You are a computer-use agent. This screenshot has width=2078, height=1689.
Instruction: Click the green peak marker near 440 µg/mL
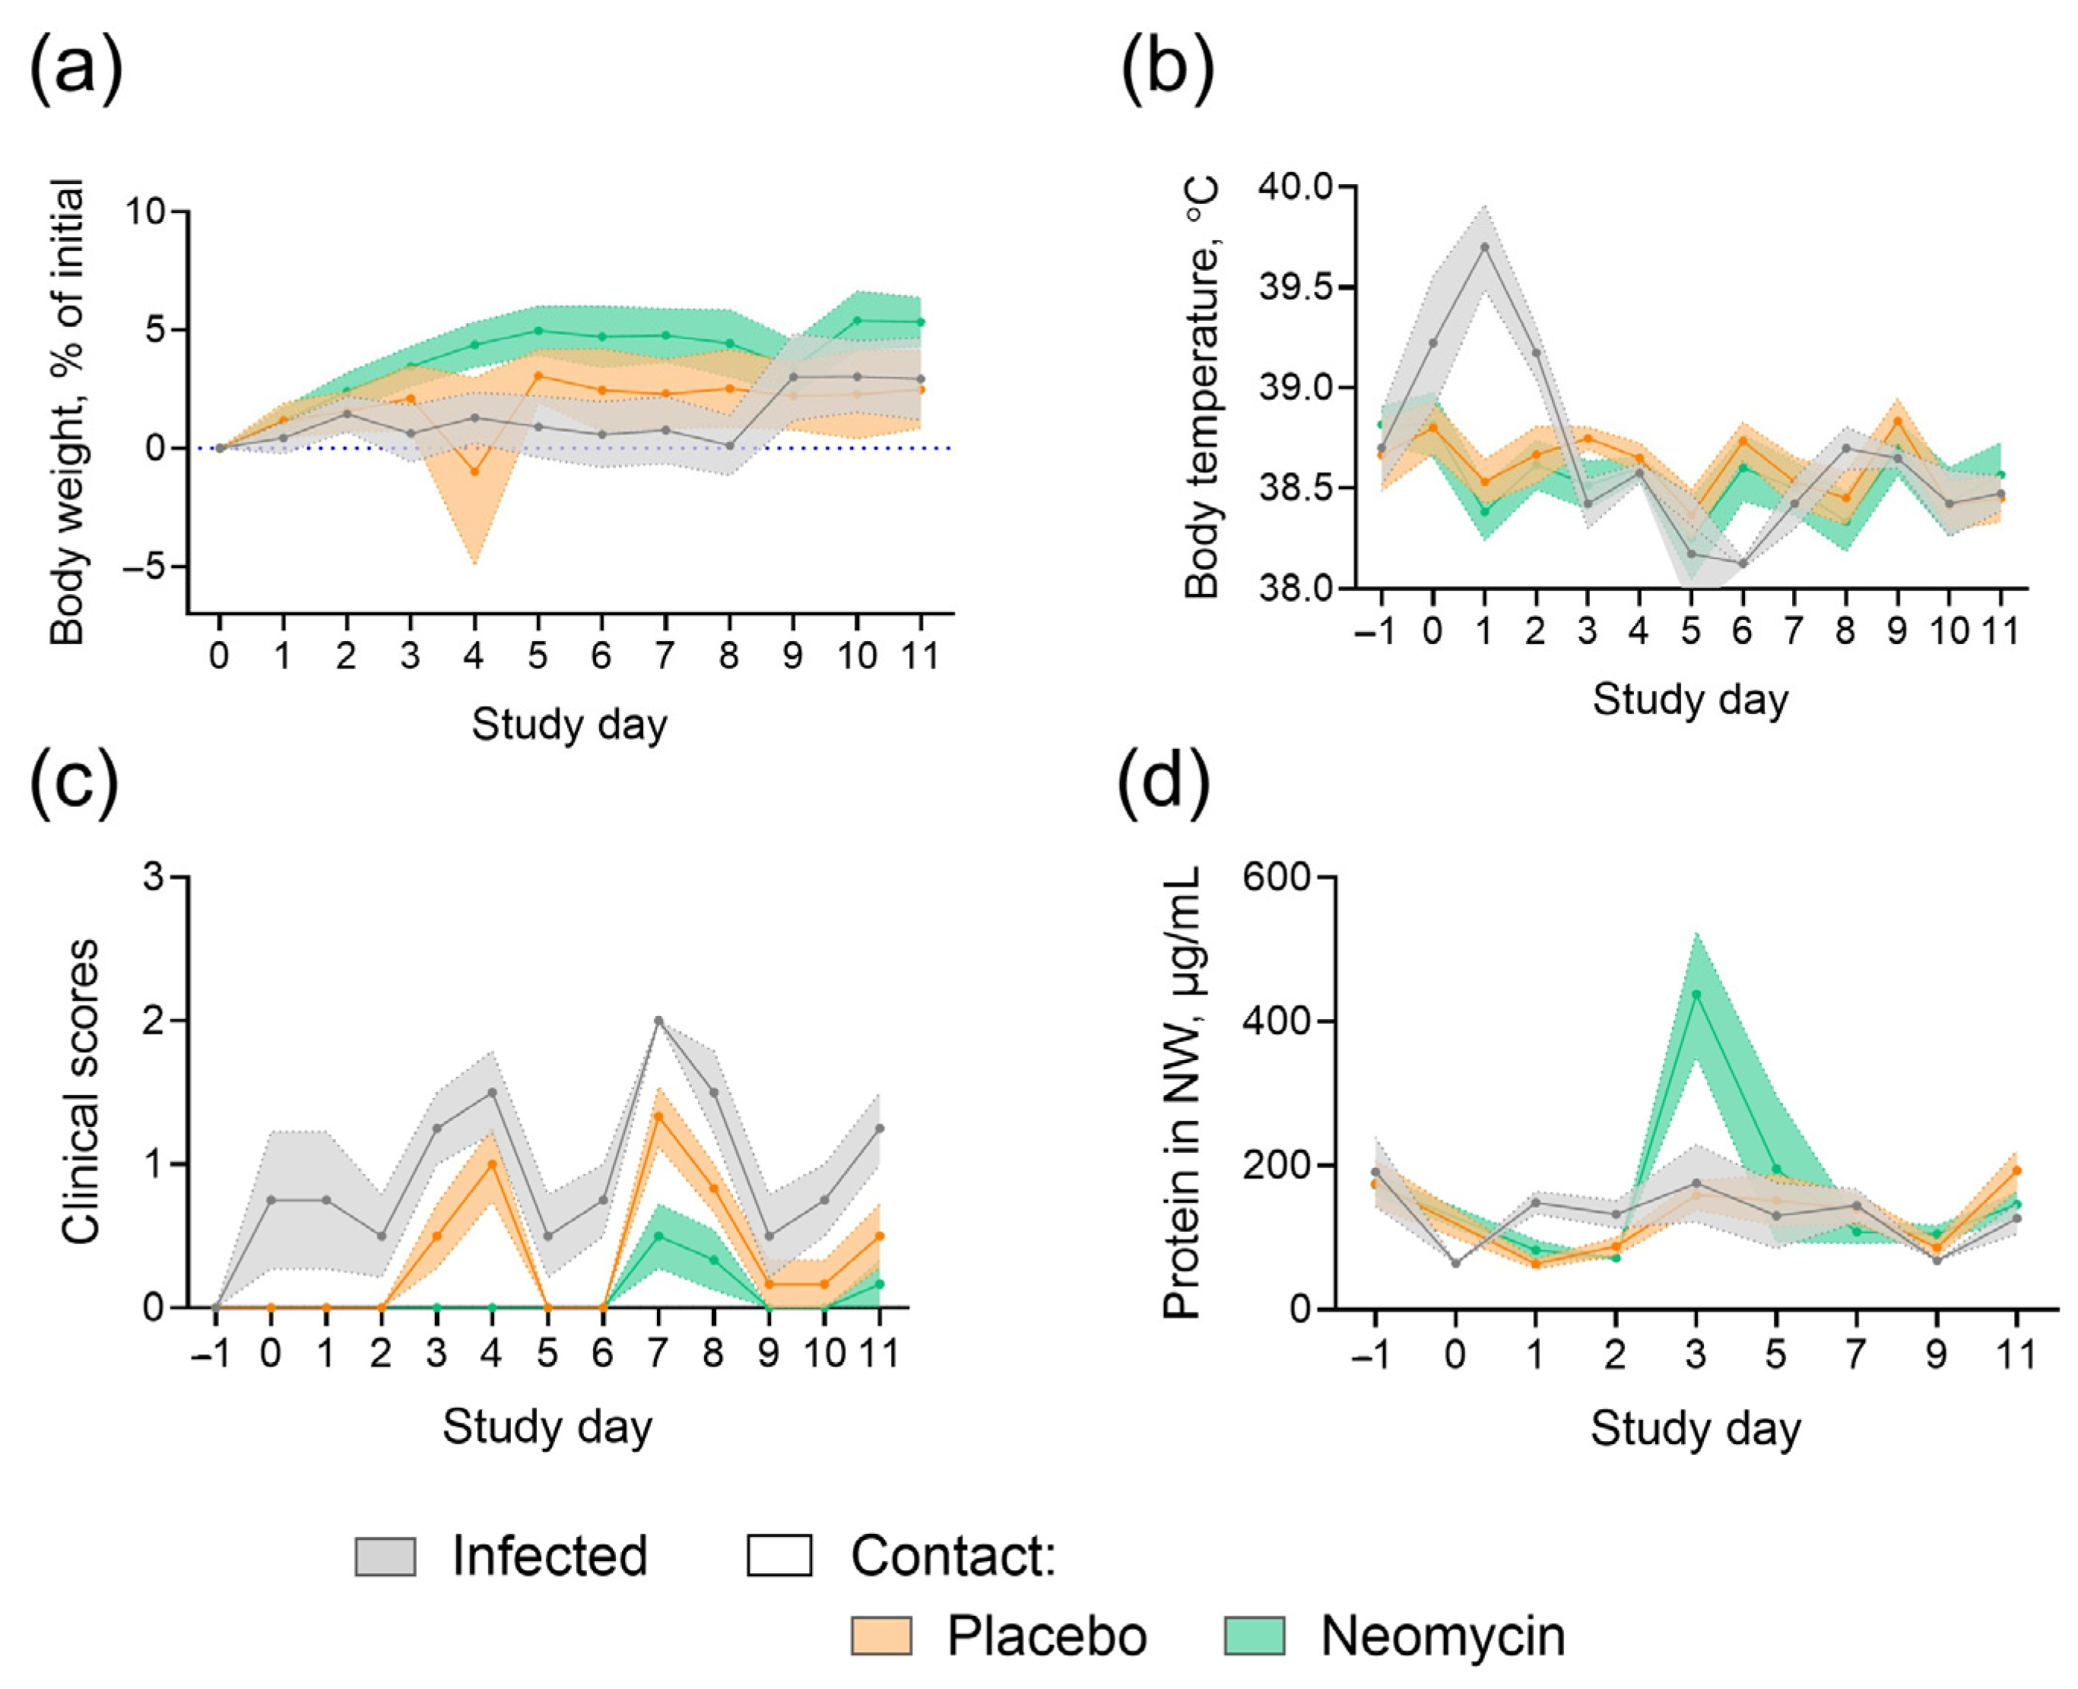tap(1696, 993)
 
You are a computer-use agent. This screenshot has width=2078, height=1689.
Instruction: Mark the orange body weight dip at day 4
tap(474, 471)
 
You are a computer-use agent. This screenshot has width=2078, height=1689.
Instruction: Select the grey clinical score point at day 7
tap(658, 1021)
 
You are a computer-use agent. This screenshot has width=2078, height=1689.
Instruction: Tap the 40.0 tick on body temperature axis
tap(1294, 186)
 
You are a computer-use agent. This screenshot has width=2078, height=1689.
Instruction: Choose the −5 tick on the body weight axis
tap(146, 567)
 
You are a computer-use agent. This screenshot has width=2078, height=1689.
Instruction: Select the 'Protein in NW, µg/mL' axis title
tap(1182, 1091)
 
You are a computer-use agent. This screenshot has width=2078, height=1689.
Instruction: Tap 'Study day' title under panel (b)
tap(1689, 700)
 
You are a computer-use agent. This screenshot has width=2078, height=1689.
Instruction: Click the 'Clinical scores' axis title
tap(80, 1091)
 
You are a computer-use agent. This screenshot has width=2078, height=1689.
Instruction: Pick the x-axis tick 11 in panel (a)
tap(920, 655)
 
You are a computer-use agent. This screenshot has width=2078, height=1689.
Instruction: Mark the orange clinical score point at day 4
tap(492, 1164)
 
